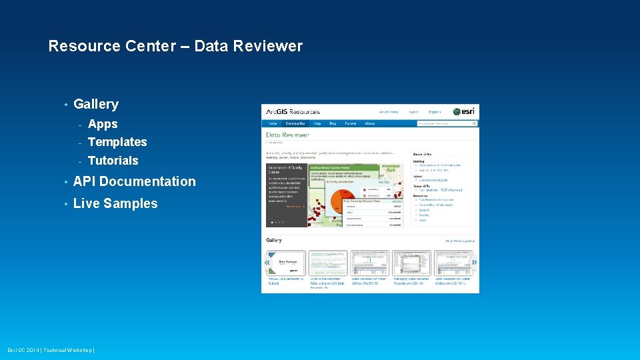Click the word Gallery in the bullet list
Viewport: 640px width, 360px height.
96,104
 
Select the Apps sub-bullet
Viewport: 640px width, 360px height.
103,124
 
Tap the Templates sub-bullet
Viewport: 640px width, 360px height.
117,142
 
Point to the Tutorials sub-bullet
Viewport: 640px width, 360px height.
113,161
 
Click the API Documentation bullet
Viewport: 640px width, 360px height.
134,181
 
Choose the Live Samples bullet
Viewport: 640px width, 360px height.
115,204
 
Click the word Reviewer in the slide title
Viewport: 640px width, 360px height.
272,46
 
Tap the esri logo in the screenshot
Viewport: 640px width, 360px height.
465,111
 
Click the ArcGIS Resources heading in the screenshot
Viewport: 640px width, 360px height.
293,111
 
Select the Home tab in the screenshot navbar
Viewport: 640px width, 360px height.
273,123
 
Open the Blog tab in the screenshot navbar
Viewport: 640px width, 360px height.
333,123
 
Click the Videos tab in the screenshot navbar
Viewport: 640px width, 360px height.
369,123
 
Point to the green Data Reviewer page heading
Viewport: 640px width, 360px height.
287,135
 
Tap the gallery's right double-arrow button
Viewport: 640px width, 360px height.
474,263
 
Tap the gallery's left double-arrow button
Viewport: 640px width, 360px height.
267,263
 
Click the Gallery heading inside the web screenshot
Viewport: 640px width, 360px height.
274,240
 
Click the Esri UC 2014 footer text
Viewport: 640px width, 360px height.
51,350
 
